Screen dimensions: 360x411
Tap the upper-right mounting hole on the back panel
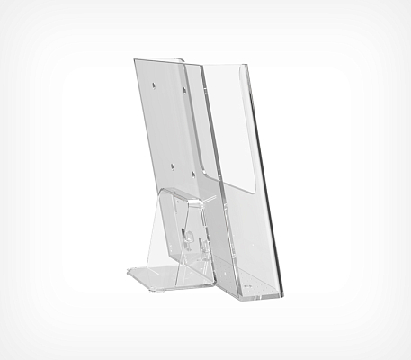[184, 89]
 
